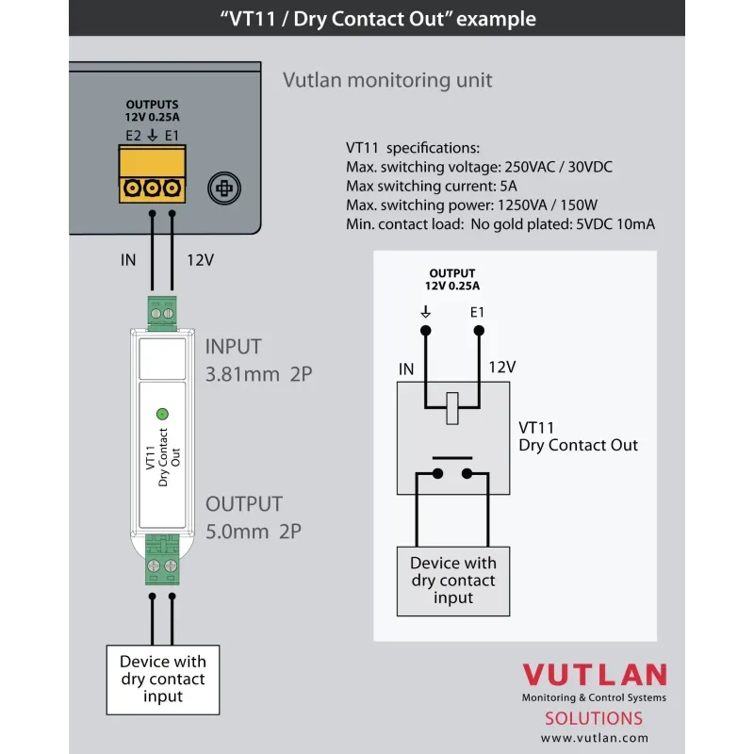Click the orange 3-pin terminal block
pyautogui.click(x=152, y=188)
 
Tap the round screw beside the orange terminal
pyautogui.click(x=222, y=188)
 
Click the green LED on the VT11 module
pyautogui.click(x=161, y=413)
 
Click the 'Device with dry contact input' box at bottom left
pyautogui.click(x=163, y=679)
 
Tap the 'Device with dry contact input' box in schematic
pyautogui.click(x=453, y=580)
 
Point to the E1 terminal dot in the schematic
pyautogui.click(x=479, y=330)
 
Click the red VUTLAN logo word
pyautogui.click(x=595, y=676)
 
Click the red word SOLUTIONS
pyautogui.click(x=595, y=718)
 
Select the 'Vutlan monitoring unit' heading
pyautogui.click(x=387, y=79)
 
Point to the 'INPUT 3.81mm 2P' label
pyautogui.click(x=257, y=360)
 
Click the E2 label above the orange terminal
pyautogui.click(x=133, y=136)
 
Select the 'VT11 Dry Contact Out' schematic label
pyautogui.click(x=578, y=435)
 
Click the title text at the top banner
pyautogui.click(x=377, y=19)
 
